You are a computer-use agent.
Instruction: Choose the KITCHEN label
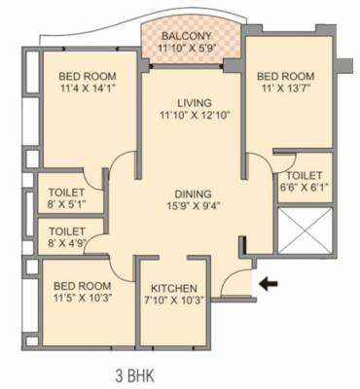pos(175,289)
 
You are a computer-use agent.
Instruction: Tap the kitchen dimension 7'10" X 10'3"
pos(175,301)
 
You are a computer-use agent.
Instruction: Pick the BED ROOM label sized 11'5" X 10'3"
pos(83,285)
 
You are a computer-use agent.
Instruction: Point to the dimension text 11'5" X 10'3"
pos(83,299)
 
